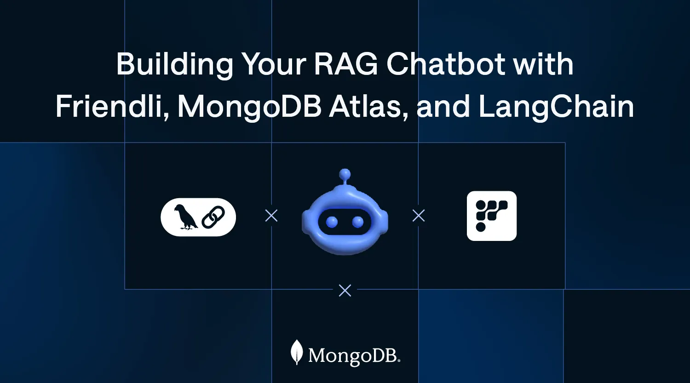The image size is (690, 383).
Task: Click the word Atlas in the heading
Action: click(362, 107)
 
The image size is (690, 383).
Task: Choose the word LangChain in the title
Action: click(556, 107)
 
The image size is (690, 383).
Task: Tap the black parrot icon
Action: click(185, 217)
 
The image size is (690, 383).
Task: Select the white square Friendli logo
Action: click(491, 216)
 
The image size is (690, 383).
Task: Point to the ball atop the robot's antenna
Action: click(345, 174)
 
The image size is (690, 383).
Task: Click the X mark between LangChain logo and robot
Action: click(271, 216)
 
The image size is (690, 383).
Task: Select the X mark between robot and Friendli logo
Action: click(419, 216)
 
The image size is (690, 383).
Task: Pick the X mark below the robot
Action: click(345, 290)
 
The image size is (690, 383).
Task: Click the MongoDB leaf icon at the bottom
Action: click(297, 352)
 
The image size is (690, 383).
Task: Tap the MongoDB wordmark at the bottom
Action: click(354, 355)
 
